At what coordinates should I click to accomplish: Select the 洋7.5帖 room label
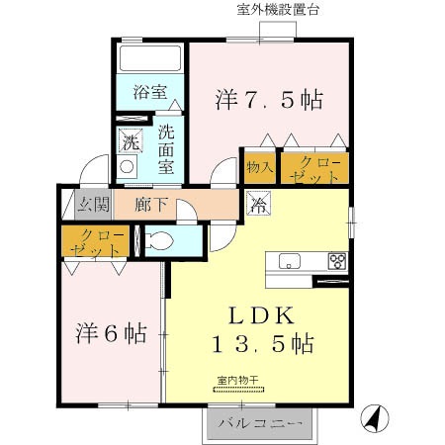click(269, 100)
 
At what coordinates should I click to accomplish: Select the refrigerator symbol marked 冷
click(257, 207)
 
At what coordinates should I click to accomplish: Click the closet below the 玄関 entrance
click(96, 241)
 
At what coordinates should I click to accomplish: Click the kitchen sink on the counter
click(289, 261)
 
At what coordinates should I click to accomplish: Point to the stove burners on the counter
click(337, 262)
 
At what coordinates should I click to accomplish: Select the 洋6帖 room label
click(111, 333)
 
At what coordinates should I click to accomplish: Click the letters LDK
click(261, 316)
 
